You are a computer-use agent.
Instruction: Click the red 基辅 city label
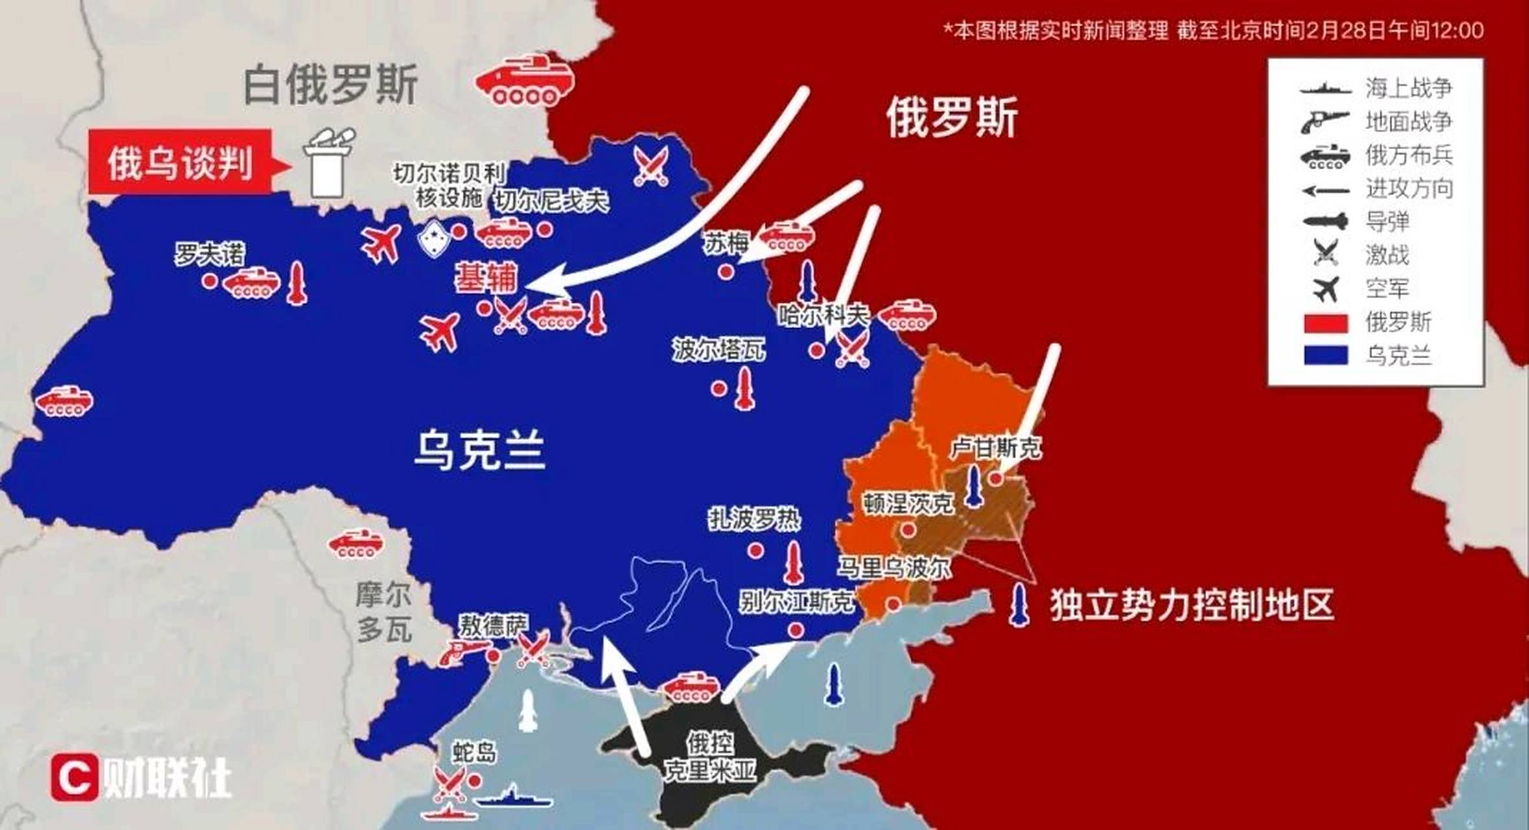(x=486, y=279)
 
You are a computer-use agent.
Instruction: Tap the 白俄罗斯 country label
(x=331, y=85)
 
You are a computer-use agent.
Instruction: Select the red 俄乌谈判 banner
(x=180, y=162)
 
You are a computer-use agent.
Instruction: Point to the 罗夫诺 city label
(x=209, y=254)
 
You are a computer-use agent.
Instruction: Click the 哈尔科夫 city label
(x=823, y=316)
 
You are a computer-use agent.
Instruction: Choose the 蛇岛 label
(x=474, y=753)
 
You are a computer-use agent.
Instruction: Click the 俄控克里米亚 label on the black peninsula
(x=710, y=757)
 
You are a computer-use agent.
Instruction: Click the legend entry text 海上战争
(x=1408, y=88)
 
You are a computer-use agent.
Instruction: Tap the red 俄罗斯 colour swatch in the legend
(x=1325, y=323)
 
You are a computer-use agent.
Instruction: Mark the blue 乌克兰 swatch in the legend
(x=1325, y=355)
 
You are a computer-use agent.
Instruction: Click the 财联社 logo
(x=141, y=777)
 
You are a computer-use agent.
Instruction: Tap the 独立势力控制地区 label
(x=1191, y=605)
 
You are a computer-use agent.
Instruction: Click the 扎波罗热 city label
(x=754, y=519)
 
